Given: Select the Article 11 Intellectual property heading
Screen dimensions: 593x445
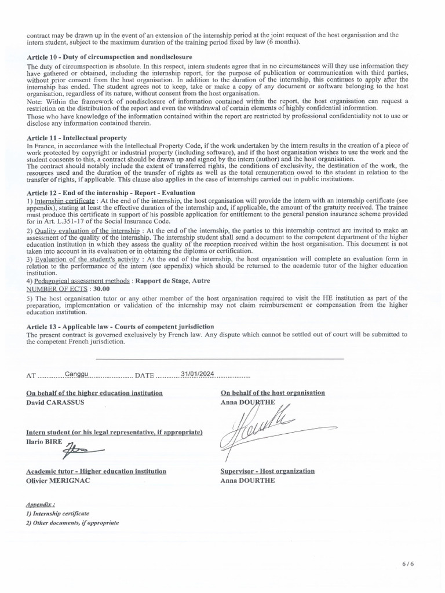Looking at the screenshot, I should (77, 137).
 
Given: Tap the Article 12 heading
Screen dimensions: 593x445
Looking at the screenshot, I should (111, 192).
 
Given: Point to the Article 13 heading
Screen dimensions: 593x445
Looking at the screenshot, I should (121, 327).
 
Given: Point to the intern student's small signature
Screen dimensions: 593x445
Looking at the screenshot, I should (83, 449).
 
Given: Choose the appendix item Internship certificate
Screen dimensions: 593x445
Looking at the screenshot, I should (57, 513).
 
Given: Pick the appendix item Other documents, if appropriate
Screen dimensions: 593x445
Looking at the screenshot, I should (72, 522).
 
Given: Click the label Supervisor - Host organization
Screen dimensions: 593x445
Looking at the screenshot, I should (268, 471).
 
